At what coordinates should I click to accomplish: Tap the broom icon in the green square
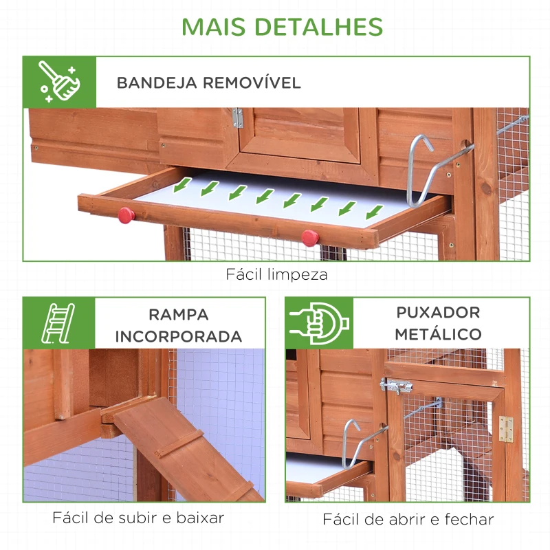[59, 82]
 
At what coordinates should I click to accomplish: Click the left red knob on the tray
[126, 215]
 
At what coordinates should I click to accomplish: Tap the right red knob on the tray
[310, 237]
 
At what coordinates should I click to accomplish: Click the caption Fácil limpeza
[277, 274]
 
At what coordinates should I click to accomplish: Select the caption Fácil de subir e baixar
[138, 518]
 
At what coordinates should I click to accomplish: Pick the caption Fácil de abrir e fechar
[408, 519]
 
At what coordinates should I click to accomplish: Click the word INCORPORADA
[179, 337]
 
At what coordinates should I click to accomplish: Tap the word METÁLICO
[438, 335]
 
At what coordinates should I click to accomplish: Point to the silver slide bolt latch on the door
[397, 387]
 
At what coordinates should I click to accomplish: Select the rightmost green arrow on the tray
[374, 210]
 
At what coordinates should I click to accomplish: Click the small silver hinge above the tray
[237, 118]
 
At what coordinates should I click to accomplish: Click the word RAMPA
[179, 315]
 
